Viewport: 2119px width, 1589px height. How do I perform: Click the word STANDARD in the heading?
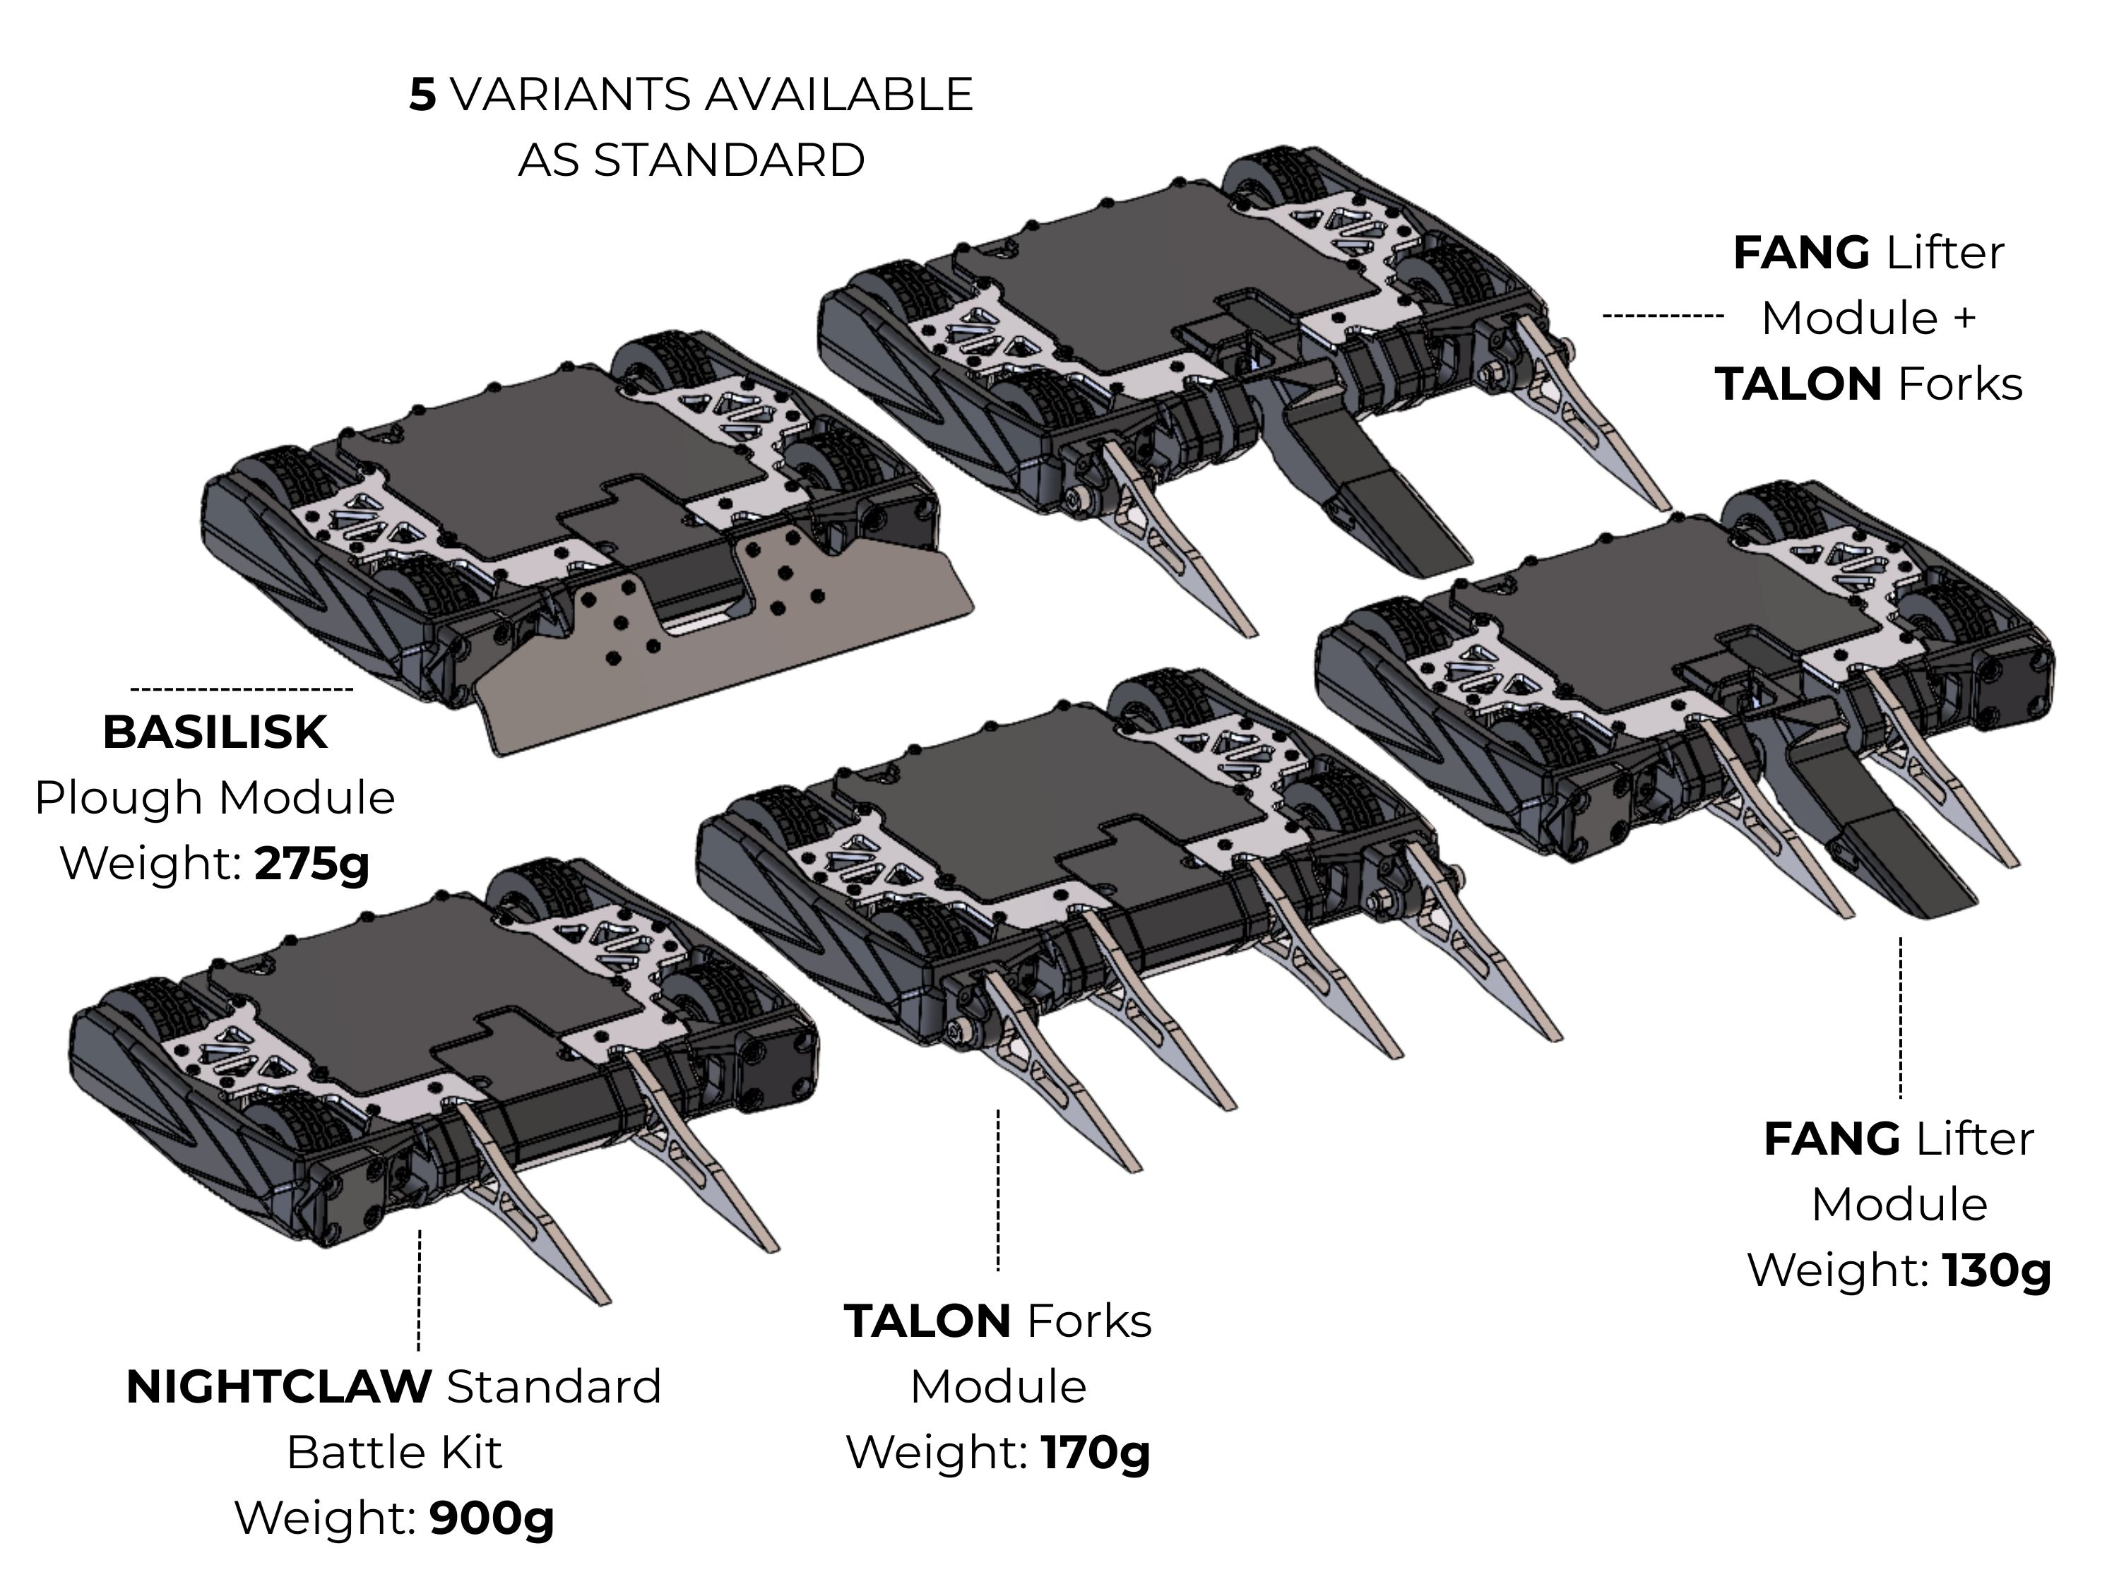coord(729,160)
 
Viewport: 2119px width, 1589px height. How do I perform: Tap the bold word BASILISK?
coord(215,733)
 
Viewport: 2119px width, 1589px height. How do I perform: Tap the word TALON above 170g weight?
coord(927,1322)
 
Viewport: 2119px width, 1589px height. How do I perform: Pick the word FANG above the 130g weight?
coord(1832,1140)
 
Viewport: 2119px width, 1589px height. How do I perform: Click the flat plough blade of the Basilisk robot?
coord(728,670)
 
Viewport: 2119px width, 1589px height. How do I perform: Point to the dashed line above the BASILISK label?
coord(242,689)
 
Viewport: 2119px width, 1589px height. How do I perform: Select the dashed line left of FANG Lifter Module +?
coord(1663,315)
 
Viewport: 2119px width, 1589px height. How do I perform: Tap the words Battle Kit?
coord(393,1452)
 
